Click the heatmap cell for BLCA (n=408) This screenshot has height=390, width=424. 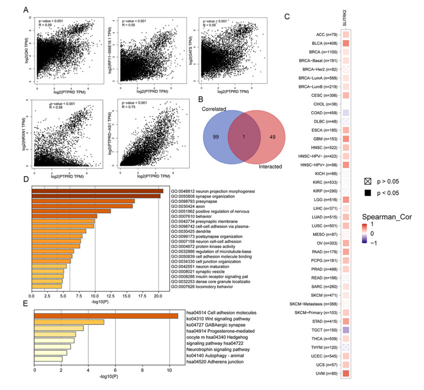click(x=345, y=44)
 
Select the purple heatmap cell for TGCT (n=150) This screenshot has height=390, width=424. click(x=345, y=330)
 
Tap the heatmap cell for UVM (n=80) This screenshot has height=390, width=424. click(x=345, y=372)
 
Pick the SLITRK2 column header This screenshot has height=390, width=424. click(x=345, y=20)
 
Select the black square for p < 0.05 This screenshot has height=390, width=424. click(x=368, y=192)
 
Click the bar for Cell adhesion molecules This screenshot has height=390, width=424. click(x=106, y=315)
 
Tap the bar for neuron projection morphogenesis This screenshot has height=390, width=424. click(x=98, y=191)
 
